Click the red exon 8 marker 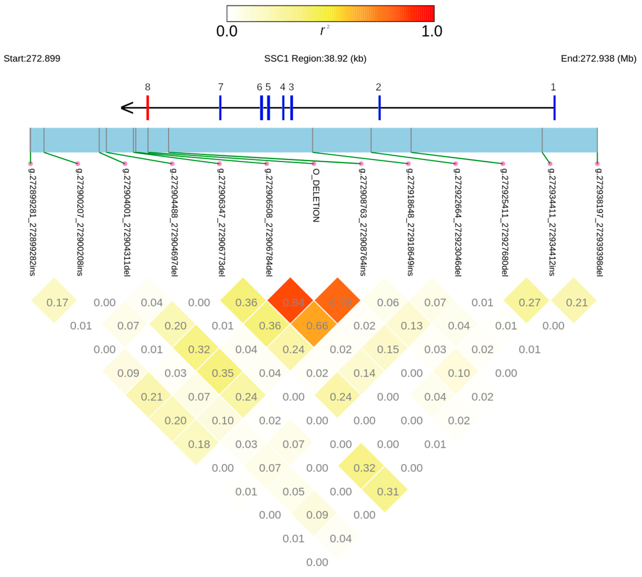point(147,108)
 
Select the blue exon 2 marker point(379,108)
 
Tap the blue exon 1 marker point(554,108)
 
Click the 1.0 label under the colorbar point(432,31)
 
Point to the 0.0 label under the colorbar point(227,31)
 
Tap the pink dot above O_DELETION point(314,164)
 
